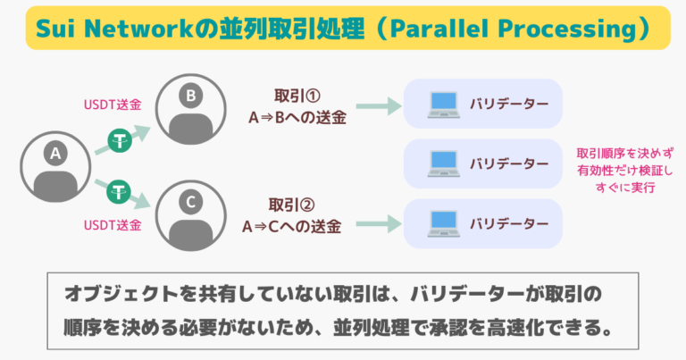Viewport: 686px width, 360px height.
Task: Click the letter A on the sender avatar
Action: (55, 155)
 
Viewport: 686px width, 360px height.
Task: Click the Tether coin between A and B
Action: (120, 139)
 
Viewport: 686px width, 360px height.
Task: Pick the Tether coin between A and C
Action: (120, 189)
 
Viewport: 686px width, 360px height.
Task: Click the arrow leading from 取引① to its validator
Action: (374, 106)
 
